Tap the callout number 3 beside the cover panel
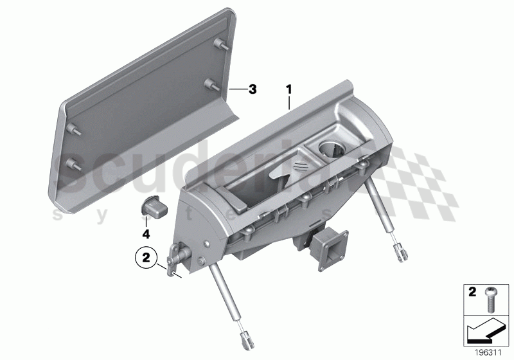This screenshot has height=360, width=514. pyautogui.click(x=253, y=89)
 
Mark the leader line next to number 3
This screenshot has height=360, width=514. pyautogui.click(x=236, y=89)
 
